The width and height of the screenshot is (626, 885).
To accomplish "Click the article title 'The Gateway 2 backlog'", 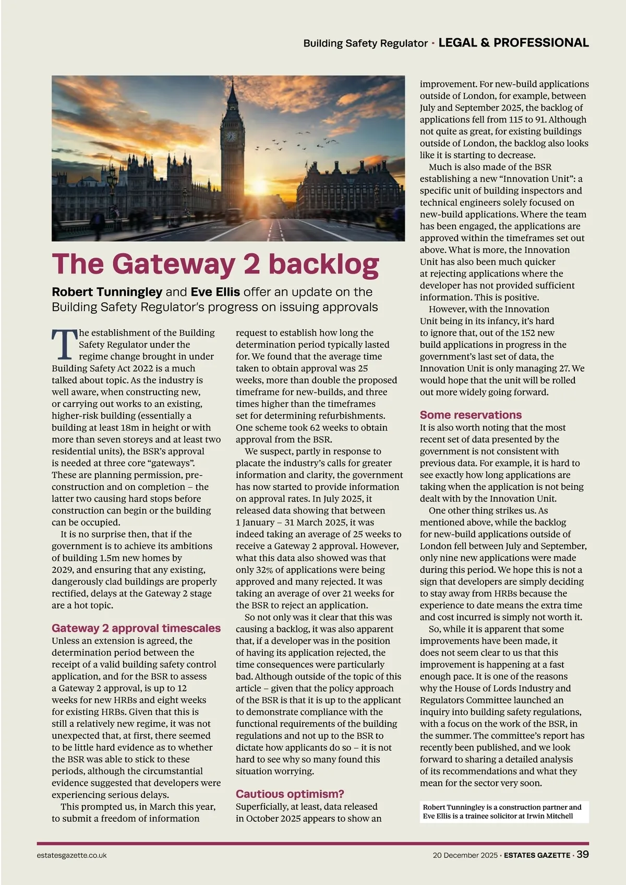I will click(215, 264).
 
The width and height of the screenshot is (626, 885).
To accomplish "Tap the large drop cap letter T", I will click(64, 344).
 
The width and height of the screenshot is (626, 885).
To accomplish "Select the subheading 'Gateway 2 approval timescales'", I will click(136, 628).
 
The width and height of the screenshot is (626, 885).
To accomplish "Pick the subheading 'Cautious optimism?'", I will click(290, 794).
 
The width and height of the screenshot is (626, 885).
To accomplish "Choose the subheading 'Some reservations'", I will click(471, 415).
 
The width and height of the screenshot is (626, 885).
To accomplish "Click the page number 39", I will click(583, 854).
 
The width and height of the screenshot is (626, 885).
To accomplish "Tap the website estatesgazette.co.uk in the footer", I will click(72, 855).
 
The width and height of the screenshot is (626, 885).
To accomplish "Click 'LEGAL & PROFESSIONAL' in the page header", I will click(513, 43).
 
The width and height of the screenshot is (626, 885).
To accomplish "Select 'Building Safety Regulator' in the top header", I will click(365, 43).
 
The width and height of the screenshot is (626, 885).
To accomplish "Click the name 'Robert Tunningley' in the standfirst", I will click(107, 292).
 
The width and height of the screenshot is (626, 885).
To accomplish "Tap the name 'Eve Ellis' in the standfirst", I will click(215, 292).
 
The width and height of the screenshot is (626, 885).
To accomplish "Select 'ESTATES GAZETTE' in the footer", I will click(537, 855).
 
